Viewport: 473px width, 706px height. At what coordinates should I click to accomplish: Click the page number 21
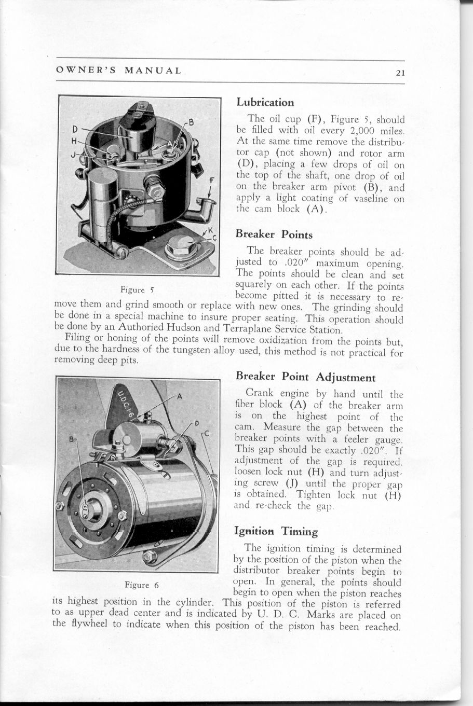click(x=399, y=73)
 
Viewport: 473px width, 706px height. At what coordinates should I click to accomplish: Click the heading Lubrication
click(x=265, y=102)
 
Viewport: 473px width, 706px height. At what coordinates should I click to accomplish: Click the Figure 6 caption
click(x=141, y=585)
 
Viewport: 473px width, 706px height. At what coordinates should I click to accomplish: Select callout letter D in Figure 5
click(x=75, y=129)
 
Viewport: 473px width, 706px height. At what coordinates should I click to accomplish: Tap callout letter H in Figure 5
click(x=75, y=141)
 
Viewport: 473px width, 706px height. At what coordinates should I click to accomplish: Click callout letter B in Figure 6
click(x=72, y=440)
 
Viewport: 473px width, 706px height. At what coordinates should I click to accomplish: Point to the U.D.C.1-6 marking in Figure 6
click(x=123, y=403)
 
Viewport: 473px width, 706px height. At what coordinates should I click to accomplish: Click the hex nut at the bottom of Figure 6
click(x=150, y=557)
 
